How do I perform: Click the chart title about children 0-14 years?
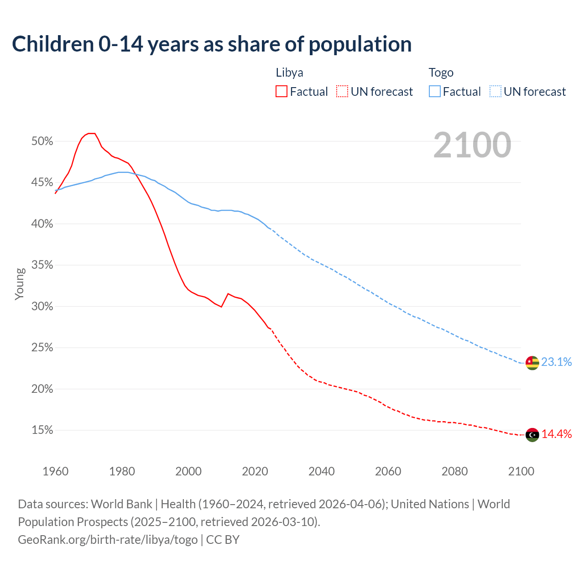pos(212,44)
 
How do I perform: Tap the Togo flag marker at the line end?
pos(532,363)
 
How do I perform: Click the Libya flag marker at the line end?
pos(532,435)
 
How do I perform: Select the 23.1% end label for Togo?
pos(556,362)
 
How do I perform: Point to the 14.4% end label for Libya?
pos(556,434)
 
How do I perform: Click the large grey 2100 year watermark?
pos(472,145)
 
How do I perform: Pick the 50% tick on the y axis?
pos(42,141)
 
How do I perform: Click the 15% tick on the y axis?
pos(42,430)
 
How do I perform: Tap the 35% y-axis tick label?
pos(42,265)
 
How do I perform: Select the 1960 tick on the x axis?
pos(55,471)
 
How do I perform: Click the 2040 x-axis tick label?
pos(321,471)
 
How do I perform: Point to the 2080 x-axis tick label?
pos(454,471)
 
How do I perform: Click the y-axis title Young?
pos(20,284)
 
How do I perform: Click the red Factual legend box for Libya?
pos(282,92)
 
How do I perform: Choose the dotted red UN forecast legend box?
pos(342,92)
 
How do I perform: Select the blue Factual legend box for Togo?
pos(435,92)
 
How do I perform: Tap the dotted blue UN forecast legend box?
pos(495,92)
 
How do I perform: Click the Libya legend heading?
pos(289,73)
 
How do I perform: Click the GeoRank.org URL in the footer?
pos(108,540)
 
